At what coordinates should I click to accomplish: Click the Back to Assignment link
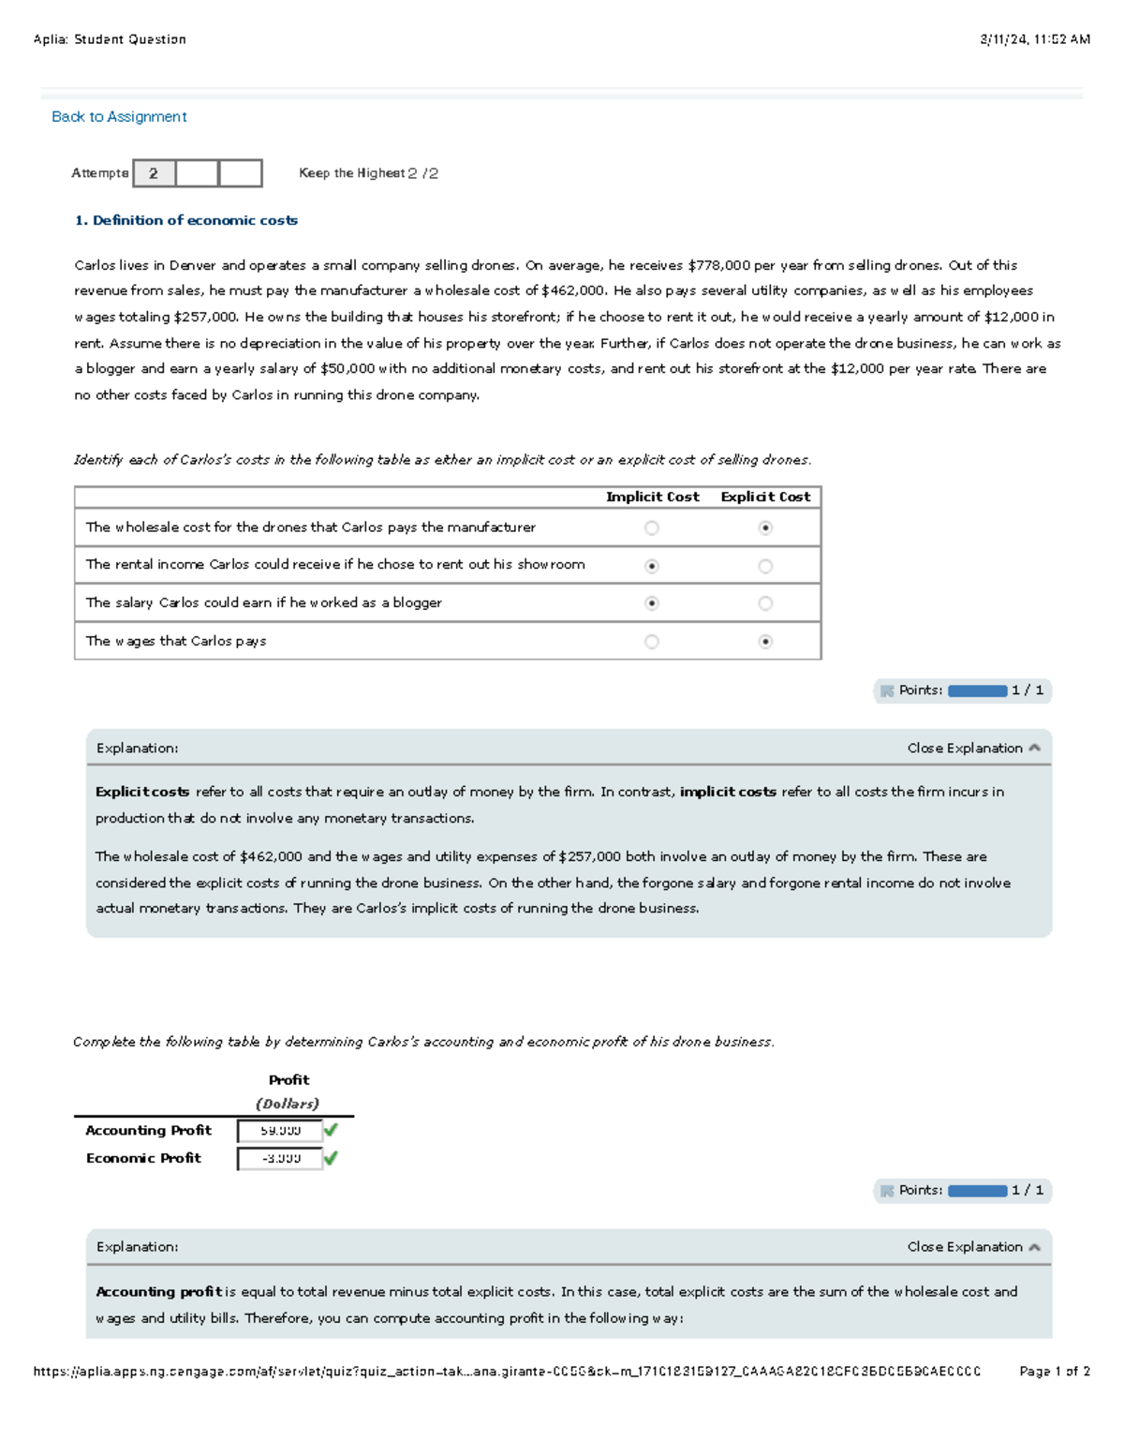pos(119,117)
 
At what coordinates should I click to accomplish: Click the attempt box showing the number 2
pos(154,173)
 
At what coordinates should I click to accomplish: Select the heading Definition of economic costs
pos(185,220)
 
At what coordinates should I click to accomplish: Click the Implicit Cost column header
pos(652,497)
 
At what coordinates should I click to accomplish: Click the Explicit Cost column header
pos(765,497)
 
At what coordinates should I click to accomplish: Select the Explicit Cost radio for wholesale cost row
pos(765,528)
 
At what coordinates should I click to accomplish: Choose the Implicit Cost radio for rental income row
pos(652,566)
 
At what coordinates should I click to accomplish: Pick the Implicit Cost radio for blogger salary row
pos(652,603)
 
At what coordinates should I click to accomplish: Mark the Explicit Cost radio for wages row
pos(765,642)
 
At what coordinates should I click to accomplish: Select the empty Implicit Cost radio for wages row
pos(652,642)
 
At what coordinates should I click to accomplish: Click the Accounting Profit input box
pos(279,1131)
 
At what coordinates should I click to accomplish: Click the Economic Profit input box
pos(279,1159)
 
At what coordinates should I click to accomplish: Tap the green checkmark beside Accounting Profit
pos(331,1130)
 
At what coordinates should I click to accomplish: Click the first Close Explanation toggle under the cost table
pos(972,748)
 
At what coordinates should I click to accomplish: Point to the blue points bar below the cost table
pos(977,690)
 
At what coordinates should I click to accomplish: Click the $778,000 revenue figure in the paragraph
pos(719,265)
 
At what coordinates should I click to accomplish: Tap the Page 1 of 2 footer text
pos(1054,1371)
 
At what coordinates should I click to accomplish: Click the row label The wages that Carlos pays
pos(176,642)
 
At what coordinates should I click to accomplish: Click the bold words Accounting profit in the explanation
pos(158,1292)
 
